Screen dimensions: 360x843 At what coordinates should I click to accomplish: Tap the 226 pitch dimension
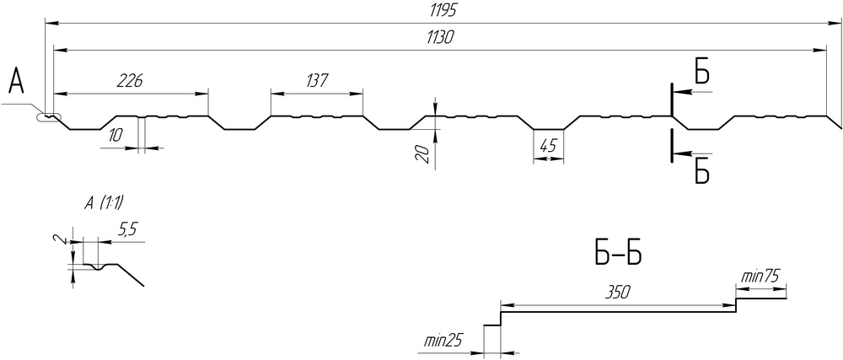129,80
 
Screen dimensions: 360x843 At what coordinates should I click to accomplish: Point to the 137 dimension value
316,80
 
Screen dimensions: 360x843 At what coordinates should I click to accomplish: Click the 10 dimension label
115,135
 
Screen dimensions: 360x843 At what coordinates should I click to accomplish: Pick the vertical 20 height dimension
423,153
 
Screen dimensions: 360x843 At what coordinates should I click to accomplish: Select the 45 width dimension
548,143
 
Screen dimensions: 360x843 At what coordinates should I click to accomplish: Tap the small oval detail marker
49,119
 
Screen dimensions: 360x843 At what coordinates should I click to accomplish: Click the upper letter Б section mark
702,73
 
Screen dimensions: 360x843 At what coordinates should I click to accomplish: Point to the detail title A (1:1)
105,202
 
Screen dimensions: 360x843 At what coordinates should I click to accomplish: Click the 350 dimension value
618,292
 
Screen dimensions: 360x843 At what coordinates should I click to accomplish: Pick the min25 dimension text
443,341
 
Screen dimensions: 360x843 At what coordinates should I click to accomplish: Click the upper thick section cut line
672,99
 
